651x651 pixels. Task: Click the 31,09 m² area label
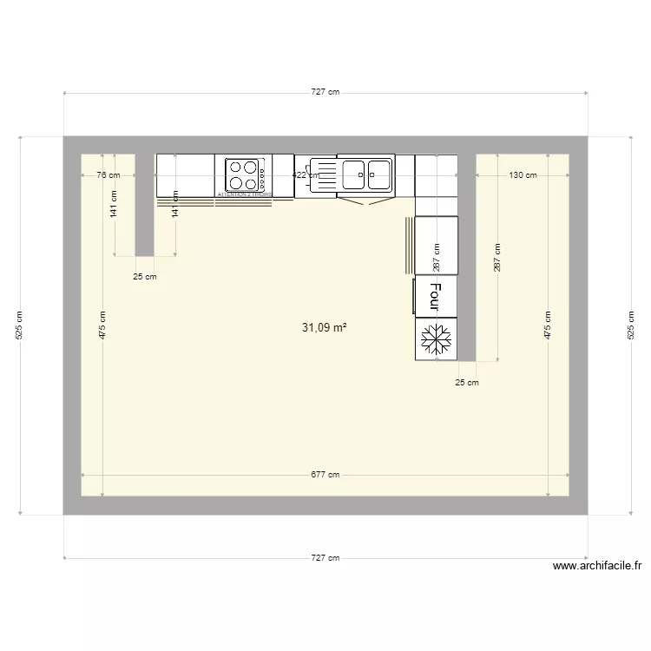click(x=325, y=328)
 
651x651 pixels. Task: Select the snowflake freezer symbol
click(x=437, y=339)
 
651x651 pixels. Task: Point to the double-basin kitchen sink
click(x=365, y=173)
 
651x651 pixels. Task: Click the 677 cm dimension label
click(x=325, y=475)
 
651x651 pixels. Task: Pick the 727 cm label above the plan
click(x=325, y=93)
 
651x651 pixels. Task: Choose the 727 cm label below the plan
click(x=325, y=558)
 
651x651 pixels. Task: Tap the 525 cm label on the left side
click(x=21, y=325)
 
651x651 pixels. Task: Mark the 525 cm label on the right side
click(x=631, y=325)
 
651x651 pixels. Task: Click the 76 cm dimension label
click(x=108, y=175)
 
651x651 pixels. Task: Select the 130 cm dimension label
click(x=523, y=175)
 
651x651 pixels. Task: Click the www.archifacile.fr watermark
click(x=597, y=566)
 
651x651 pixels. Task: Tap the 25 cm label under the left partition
click(x=145, y=278)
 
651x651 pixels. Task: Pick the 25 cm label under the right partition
click(x=467, y=382)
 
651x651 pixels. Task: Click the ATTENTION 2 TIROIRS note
click(x=244, y=195)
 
